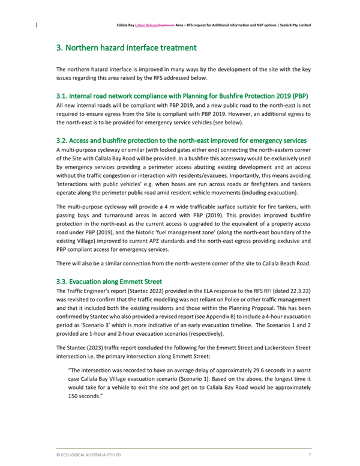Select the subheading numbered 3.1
[182, 96]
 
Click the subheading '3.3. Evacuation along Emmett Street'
[109, 281]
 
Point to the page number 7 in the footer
[309, 455]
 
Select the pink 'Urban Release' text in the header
[149, 26]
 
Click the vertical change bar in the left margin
[37, 26]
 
